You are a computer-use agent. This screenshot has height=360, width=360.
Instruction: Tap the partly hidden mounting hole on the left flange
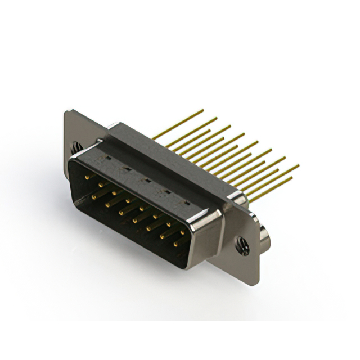75,147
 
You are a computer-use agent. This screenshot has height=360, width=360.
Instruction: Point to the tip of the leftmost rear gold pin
202,110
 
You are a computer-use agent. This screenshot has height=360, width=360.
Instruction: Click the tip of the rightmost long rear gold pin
298,165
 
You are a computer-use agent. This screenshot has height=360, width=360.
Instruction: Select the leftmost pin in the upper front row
87,177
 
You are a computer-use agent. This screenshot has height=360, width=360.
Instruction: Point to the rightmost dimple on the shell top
186,202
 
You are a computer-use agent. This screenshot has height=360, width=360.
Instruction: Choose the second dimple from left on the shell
127,169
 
